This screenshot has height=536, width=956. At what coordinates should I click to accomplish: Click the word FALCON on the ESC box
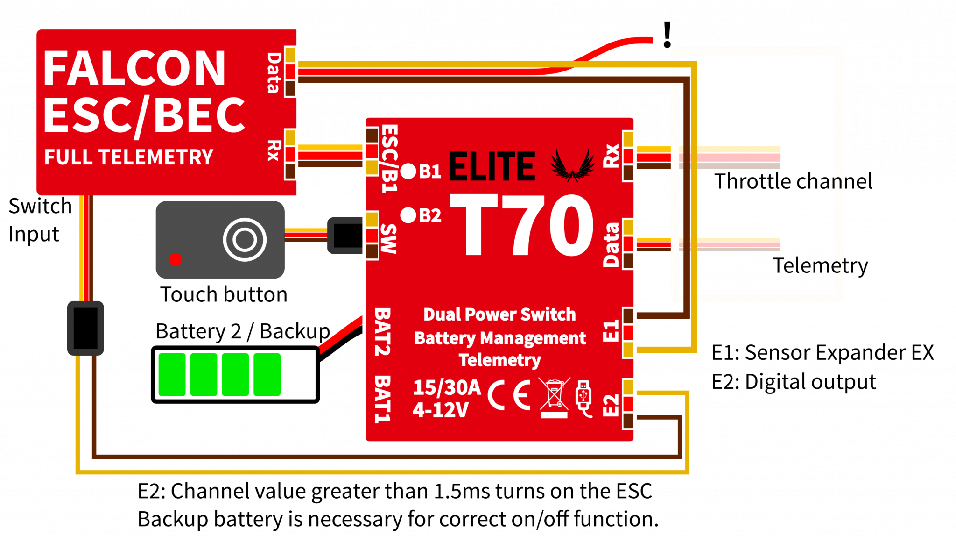(134, 69)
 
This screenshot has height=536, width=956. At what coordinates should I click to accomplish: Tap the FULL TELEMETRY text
(128, 157)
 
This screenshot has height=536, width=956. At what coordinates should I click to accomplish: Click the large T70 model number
(521, 225)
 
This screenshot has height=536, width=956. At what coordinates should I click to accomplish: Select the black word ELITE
(492, 166)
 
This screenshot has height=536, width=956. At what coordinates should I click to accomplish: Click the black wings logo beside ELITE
(572, 165)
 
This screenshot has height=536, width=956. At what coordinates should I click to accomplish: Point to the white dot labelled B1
(408, 172)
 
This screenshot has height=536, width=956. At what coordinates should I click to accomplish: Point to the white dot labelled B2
(408, 215)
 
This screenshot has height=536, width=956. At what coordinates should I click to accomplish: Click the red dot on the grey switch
(176, 259)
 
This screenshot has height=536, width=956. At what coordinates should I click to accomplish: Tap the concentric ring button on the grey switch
(245, 240)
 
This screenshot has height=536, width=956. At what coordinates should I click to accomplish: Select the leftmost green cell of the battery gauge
(172, 374)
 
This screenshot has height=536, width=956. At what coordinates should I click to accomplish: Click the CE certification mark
(509, 395)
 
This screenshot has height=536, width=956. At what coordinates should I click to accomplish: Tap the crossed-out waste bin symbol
(554, 397)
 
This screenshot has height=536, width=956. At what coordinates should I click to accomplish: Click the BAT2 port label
(382, 331)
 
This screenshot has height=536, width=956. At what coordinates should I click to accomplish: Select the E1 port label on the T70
(611, 331)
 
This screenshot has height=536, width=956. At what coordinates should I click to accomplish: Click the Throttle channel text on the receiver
(778, 181)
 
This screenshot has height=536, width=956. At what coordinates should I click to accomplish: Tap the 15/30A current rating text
(447, 387)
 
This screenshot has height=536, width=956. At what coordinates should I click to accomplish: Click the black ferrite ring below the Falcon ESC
(85, 328)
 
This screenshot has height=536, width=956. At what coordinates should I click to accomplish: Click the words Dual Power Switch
(499, 314)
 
